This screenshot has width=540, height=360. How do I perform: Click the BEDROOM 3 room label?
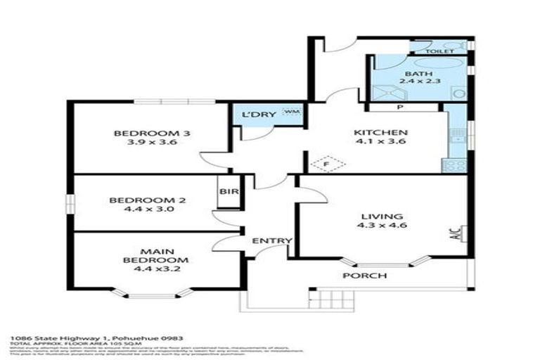153,133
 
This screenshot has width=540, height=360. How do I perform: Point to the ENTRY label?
272,241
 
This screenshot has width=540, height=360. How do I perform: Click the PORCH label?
364,275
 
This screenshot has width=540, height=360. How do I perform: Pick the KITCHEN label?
380,133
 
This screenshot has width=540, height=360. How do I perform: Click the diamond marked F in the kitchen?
328,165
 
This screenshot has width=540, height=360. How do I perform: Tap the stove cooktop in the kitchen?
454,166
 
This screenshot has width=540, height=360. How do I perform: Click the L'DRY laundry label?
254,115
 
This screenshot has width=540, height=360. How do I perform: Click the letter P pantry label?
399,108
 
